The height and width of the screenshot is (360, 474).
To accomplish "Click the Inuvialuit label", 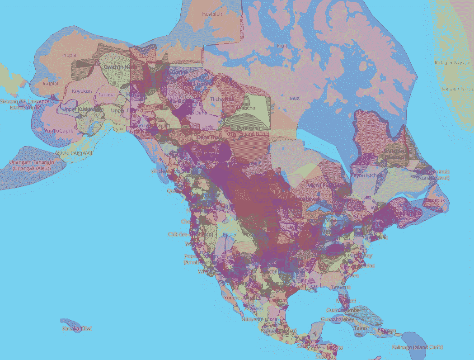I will click(215, 14).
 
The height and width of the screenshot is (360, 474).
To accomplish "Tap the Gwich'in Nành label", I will click(120, 66).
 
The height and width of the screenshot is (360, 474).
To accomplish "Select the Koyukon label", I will click(82, 91).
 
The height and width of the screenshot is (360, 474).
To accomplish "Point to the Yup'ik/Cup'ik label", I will click(59, 131).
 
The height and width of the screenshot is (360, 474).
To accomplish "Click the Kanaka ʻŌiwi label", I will click(77, 328).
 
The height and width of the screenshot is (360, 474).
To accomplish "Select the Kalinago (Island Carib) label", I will click(418, 347).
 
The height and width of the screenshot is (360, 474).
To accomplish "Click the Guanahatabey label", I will click(337, 319).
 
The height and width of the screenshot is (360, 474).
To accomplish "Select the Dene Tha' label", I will click(208, 137).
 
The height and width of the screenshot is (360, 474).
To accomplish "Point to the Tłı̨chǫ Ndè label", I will click(223, 99).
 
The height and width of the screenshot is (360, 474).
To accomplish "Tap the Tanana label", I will click(107, 95).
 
